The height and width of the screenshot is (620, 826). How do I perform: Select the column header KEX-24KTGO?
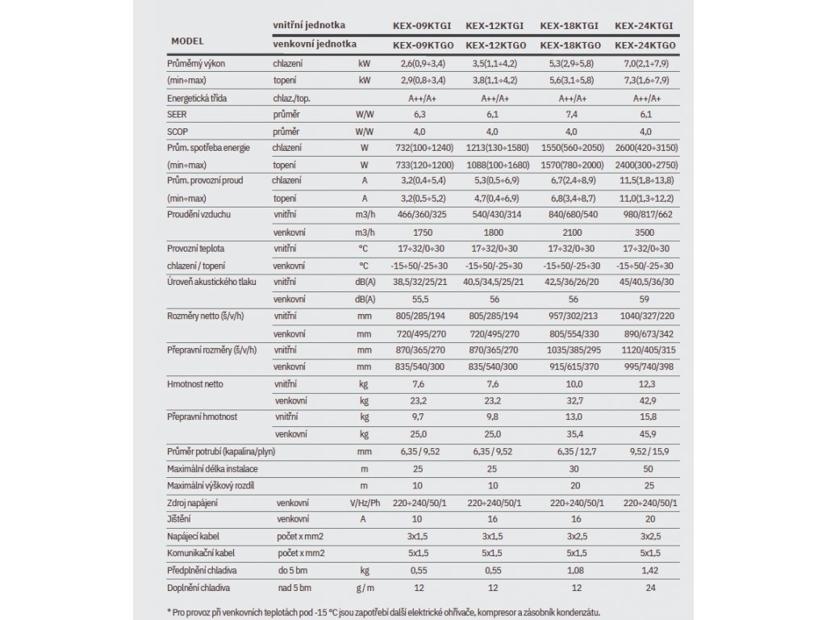point(645,46)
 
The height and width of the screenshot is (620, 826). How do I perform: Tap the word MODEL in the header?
point(187,40)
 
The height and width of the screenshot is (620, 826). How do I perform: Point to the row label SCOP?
point(177,131)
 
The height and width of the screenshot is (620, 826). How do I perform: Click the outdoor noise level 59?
point(645,298)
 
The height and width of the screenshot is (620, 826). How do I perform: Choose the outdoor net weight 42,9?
point(645,400)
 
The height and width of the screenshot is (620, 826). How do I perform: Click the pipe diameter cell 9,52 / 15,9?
point(645,452)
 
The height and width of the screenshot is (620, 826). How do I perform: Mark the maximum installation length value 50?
point(645,469)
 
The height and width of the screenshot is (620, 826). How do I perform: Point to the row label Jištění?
point(179,520)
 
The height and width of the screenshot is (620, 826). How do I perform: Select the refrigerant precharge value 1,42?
point(645,571)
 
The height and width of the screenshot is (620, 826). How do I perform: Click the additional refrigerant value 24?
point(645,588)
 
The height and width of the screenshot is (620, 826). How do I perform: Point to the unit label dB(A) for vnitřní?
point(365,282)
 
